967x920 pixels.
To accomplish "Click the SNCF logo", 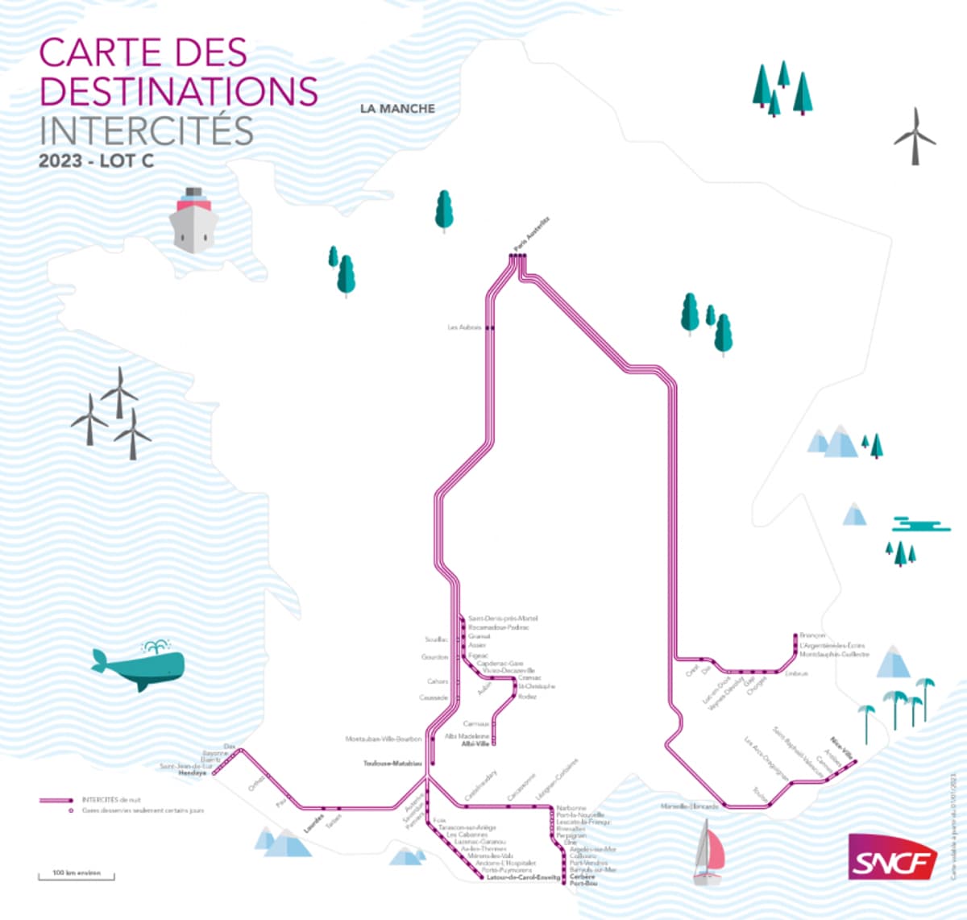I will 892,856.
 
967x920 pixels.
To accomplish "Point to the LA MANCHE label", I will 397,109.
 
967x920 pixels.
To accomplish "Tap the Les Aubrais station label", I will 464,327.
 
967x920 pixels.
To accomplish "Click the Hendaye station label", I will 192,772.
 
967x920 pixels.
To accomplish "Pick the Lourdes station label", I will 313,826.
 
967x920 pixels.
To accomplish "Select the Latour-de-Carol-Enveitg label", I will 523,878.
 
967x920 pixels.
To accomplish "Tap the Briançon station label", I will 813,636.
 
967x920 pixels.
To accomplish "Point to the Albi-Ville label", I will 475,744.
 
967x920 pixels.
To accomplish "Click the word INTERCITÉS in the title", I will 147,131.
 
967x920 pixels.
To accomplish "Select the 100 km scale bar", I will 77,876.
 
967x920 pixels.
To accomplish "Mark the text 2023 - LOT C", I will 96,161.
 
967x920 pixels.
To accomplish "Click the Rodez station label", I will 527,697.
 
